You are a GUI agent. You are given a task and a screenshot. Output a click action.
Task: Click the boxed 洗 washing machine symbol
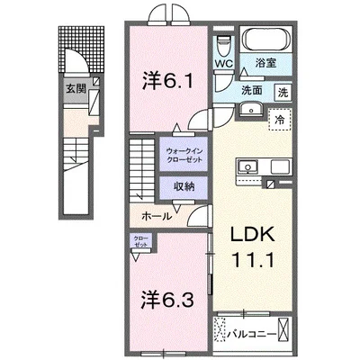point(282,91)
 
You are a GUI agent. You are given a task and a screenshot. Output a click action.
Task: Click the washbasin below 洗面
point(252,110)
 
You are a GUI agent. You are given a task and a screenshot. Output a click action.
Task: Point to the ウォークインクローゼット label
point(184,155)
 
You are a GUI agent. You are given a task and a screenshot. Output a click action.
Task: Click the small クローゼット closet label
point(140,240)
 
